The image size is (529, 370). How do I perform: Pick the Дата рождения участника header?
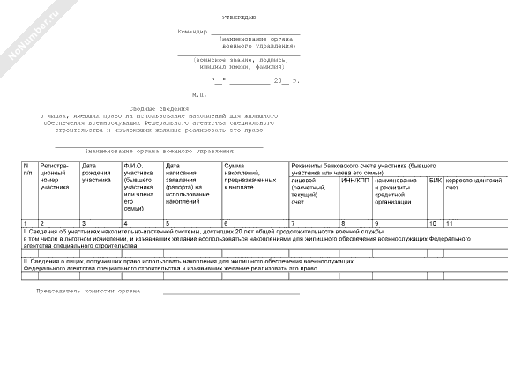tap(97, 173)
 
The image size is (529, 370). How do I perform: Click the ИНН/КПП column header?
tap(354, 181)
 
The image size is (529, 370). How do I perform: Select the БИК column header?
tap(435, 181)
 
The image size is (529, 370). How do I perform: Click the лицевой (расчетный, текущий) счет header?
tap(309, 190)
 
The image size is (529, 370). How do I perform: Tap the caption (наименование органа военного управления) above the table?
tap(160, 152)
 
